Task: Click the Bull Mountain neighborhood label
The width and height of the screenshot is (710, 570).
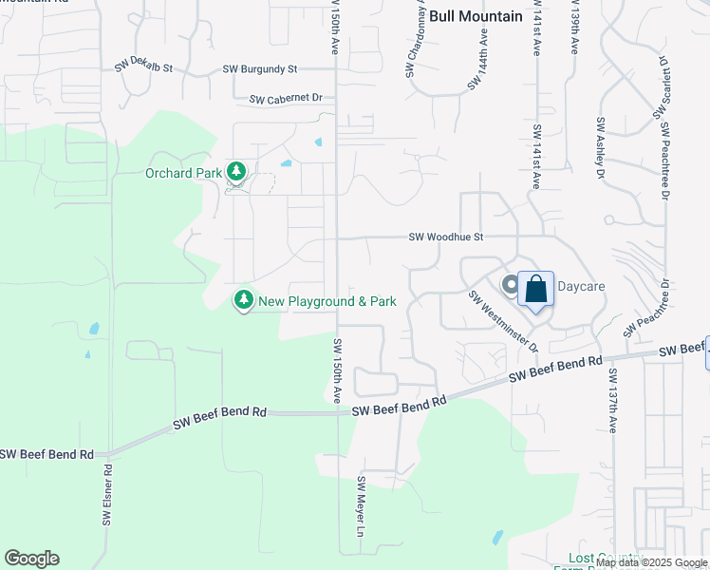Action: pyautogui.click(x=476, y=16)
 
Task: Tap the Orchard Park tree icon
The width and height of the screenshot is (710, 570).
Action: pyautogui.click(x=235, y=173)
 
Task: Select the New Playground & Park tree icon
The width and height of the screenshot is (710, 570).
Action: pyautogui.click(x=244, y=300)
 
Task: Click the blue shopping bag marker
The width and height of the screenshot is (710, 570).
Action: pyautogui.click(x=535, y=289)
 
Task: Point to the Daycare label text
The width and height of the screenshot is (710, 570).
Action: pyautogui.click(x=580, y=285)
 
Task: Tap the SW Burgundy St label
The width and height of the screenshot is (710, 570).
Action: pyautogui.click(x=260, y=69)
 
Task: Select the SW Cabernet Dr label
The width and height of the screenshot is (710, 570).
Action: pyautogui.click(x=287, y=98)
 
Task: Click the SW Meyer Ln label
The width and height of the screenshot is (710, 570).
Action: pyautogui.click(x=361, y=507)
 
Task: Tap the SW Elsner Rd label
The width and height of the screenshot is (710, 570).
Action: pyautogui.click(x=107, y=495)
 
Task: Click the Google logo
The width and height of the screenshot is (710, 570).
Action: pyautogui.click(x=31, y=559)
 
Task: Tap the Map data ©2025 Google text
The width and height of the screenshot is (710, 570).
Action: pyautogui.click(x=651, y=562)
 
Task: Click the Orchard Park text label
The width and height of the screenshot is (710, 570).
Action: pyautogui.click(x=183, y=173)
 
